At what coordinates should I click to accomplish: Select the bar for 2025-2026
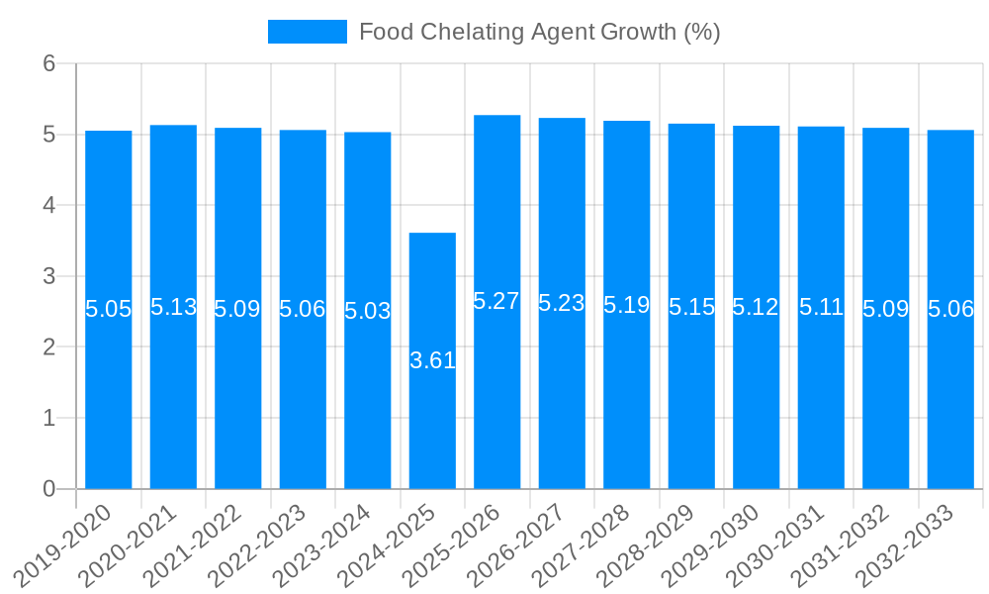point(496,396)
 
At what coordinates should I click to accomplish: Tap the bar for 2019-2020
point(109,396)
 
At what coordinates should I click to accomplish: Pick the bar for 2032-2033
point(950,396)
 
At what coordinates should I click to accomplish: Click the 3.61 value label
point(432,360)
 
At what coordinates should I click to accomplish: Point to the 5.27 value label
point(496,302)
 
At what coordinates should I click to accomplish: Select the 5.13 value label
point(173,307)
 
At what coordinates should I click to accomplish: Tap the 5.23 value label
point(562,303)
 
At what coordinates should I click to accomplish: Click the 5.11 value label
point(821,307)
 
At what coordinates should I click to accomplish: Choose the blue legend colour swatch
point(307,32)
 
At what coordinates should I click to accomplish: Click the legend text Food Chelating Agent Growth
point(539,32)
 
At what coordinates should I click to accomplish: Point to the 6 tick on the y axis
point(50,63)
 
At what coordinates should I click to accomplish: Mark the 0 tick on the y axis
point(50,489)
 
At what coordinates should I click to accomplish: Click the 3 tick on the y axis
point(50,276)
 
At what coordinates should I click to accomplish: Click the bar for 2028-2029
point(691,396)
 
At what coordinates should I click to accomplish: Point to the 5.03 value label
point(368,311)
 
